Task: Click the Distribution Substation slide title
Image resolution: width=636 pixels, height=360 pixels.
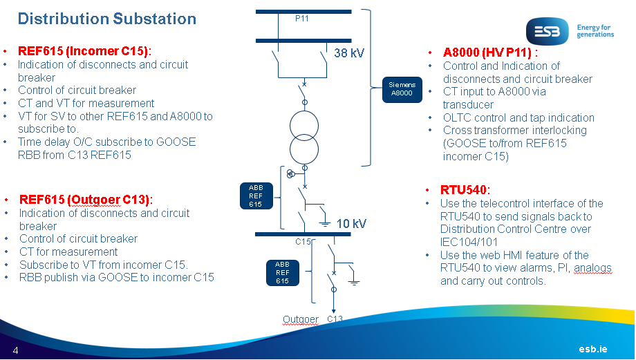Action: pyautogui.click(x=107, y=19)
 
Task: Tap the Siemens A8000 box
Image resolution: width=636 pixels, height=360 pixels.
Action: pyautogui.click(x=402, y=88)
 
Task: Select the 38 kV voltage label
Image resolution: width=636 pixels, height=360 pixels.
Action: pyautogui.click(x=349, y=52)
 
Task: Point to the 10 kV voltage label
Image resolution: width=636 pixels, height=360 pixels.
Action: pyautogui.click(x=351, y=223)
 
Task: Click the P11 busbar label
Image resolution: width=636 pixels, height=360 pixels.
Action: pyautogui.click(x=301, y=19)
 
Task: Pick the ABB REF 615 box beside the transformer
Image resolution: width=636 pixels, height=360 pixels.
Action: pyautogui.click(x=256, y=196)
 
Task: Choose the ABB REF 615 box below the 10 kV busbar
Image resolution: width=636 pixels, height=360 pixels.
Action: pyautogui.click(x=282, y=272)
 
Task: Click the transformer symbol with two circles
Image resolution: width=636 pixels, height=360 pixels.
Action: pyautogui.click(x=305, y=136)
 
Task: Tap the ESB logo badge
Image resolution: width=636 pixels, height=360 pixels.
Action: pyautogui.click(x=548, y=32)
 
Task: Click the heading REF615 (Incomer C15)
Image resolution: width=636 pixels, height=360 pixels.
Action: pyautogui.click(x=84, y=51)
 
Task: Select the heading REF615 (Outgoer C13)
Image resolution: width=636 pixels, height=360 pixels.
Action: pyautogui.click(x=86, y=200)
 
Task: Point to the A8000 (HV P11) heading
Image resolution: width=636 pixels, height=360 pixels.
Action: pyautogui.click(x=489, y=52)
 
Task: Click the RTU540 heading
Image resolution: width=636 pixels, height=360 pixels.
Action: pyautogui.click(x=465, y=189)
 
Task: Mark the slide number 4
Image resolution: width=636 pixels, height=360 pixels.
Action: pyautogui.click(x=15, y=350)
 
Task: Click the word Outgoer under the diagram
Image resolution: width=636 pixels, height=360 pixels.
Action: pyautogui.click(x=301, y=319)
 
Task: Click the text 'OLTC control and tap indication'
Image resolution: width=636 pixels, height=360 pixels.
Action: pyautogui.click(x=518, y=117)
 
